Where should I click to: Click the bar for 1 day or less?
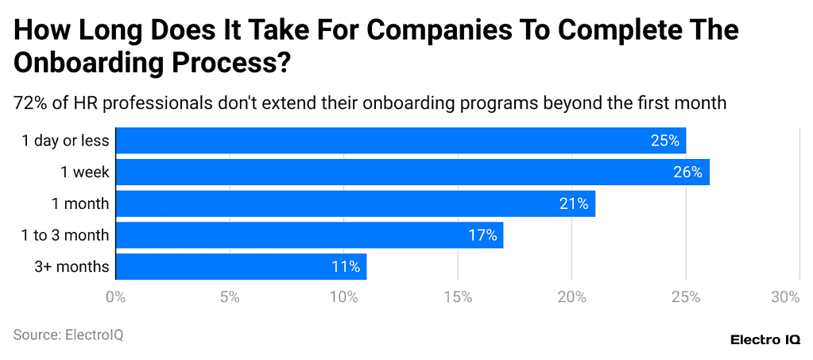(x=401, y=141)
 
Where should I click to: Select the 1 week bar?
(x=412, y=172)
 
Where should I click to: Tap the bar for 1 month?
(x=355, y=203)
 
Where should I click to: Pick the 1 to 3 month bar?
(x=309, y=235)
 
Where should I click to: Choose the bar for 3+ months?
(x=241, y=266)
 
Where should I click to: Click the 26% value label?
(x=687, y=172)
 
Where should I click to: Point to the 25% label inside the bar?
(x=664, y=141)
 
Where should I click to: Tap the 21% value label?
(x=573, y=203)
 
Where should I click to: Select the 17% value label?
(x=482, y=235)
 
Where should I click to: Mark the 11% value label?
(x=346, y=266)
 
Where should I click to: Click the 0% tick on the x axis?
(x=116, y=297)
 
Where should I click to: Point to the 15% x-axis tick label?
(x=458, y=297)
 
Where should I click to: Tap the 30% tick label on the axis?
(x=785, y=297)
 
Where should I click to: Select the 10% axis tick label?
(x=344, y=297)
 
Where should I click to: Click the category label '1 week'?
(x=84, y=172)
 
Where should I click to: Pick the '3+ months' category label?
(x=72, y=266)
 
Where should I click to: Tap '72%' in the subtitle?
(x=29, y=103)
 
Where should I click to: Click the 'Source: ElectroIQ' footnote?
(x=68, y=335)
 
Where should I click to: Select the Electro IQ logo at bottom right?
(x=765, y=339)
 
